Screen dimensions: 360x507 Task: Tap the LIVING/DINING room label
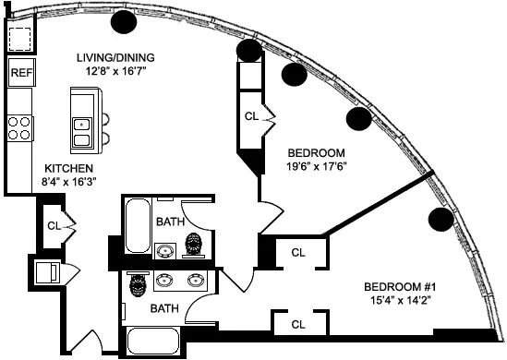(x=115, y=57)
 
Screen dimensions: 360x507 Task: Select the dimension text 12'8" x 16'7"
(x=115, y=72)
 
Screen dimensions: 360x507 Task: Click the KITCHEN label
(x=68, y=168)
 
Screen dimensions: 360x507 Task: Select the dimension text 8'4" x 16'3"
(x=68, y=183)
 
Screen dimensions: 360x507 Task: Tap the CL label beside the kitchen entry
(x=54, y=224)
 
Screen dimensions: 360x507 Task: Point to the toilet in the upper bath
(x=194, y=246)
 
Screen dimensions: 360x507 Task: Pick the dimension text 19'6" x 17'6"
(x=316, y=167)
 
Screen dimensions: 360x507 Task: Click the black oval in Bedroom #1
(x=441, y=220)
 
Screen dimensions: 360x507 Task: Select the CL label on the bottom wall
(x=298, y=324)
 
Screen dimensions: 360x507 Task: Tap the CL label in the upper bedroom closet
(x=251, y=117)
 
